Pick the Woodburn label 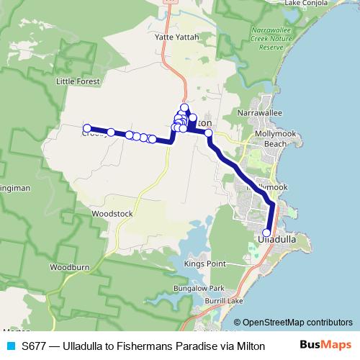69,266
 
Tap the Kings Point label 205,264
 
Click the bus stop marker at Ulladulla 266,233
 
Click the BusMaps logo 325,346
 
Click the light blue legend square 10,346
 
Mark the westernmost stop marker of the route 86,130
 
